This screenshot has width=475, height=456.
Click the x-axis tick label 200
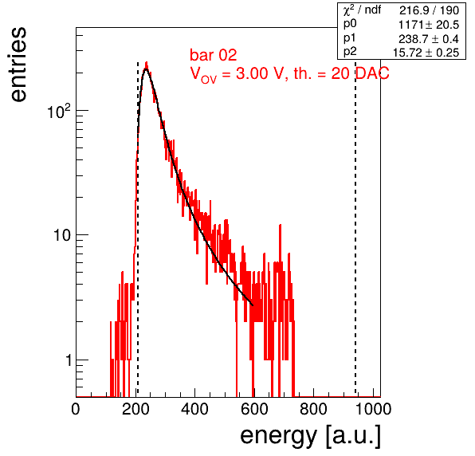tap(135, 410)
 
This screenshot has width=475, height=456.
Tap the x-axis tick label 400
tap(194, 410)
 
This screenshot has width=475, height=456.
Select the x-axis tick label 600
tap(254, 410)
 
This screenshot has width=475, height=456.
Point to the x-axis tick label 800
tap(313, 410)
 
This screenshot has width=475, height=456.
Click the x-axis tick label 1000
tap(373, 410)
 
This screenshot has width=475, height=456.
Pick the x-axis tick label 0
tap(76, 410)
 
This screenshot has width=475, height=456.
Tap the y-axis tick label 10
tap(63, 235)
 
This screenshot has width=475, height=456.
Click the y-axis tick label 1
tap(69, 360)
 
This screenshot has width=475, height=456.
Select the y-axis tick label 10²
tap(59, 112)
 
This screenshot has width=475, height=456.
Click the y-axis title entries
tap(18, 65)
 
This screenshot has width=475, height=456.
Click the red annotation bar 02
tap(214, 55)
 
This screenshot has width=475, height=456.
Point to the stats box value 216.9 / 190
tap(429, 10)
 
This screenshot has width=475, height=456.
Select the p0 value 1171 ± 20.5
tap(429, 25)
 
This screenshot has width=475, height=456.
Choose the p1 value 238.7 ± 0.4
tap(429, 39)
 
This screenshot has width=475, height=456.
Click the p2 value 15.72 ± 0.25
tap(426, 53)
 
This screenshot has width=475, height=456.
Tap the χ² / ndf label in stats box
tap(362, 10)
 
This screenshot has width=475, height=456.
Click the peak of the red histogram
tap(147, 62)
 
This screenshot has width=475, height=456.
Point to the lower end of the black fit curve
tap(253, 305)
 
